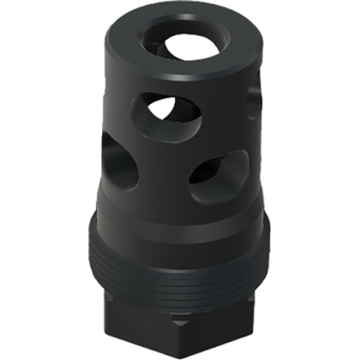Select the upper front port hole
tap(168, 113)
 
